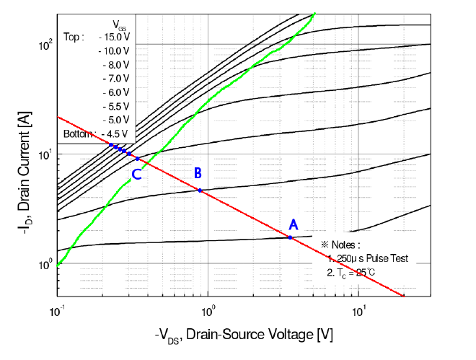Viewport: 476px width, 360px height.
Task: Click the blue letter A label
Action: point(293,224)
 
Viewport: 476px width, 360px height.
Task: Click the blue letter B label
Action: point(197,172)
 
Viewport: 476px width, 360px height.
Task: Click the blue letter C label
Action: point(136,174)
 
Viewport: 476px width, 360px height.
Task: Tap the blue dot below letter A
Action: point(291,237)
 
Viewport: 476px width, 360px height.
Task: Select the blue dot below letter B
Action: point(200,190)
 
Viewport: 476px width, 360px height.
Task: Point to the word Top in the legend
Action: point(74,36)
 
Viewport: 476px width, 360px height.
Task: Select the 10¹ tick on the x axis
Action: point(358,312)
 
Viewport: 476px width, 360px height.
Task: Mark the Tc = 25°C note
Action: point(353,272)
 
